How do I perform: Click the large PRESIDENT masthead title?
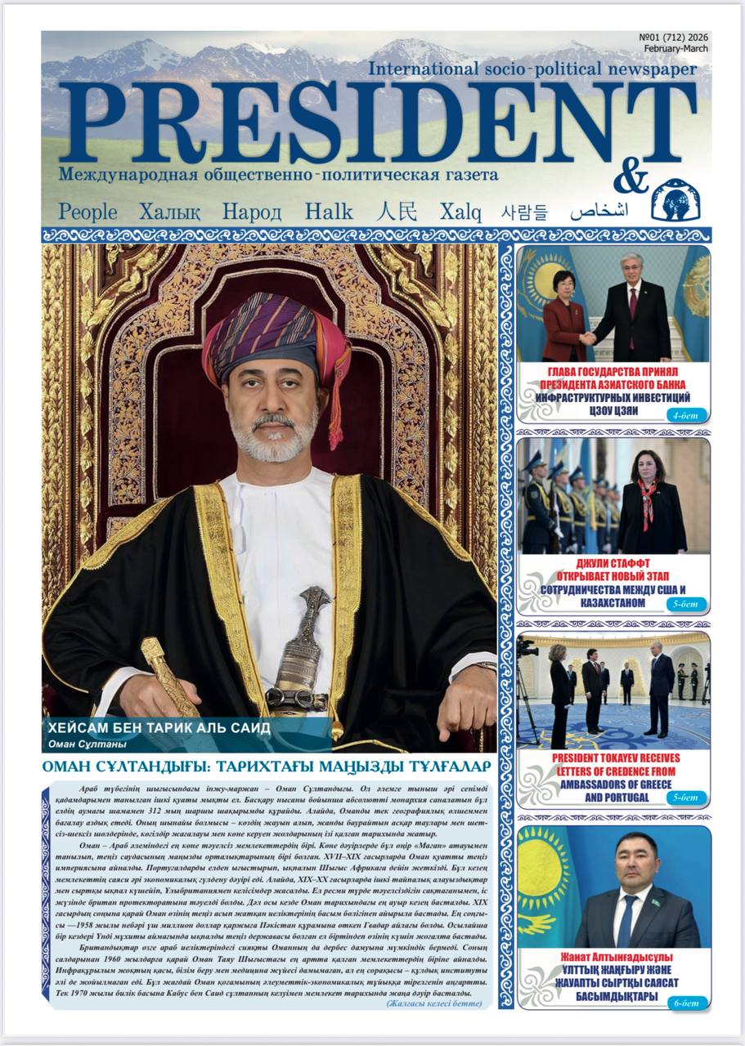coord(377,123)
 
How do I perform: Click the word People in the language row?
coord(88,212)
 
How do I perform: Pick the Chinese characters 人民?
coord(397,212)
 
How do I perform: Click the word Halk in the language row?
coord(329,212)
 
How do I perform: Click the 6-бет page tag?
coord(684,999)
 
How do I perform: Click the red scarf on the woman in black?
coord(647,499)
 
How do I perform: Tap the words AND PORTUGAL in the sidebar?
coord(616,797)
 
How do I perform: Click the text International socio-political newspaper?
coord(532,69)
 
